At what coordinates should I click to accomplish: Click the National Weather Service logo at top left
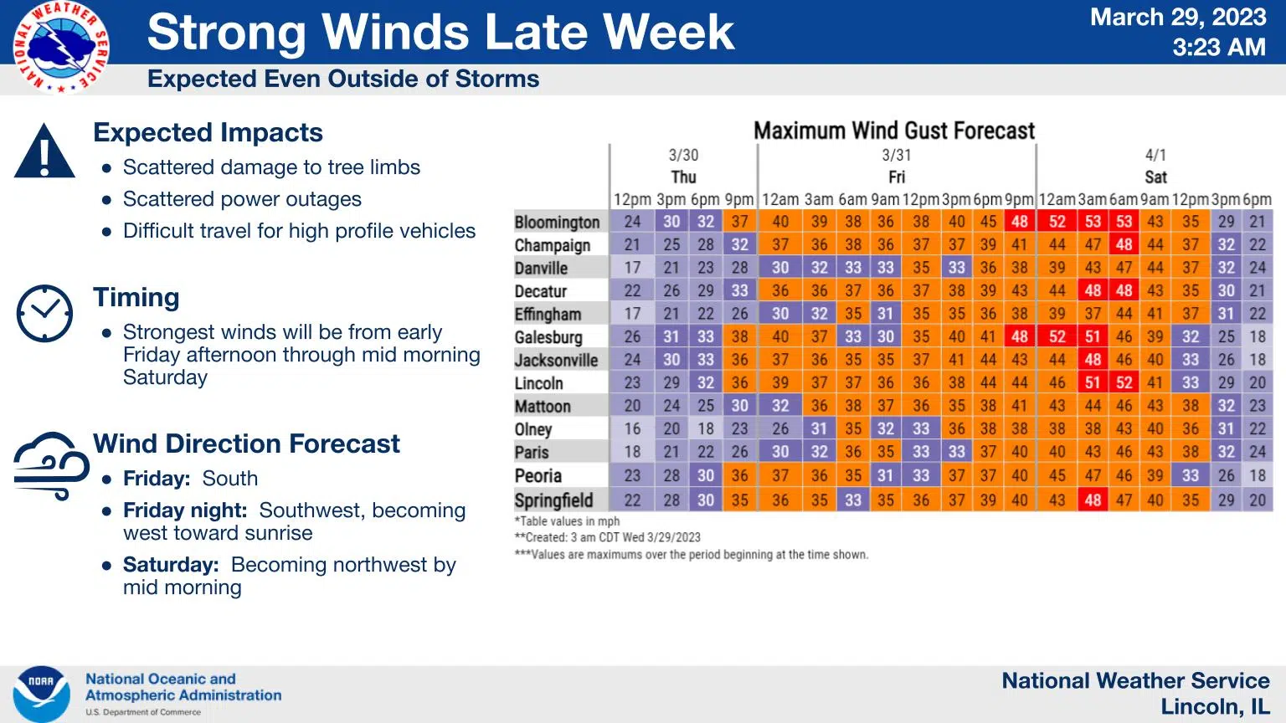tap(60, 47)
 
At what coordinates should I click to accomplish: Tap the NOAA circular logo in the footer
tap(41, 694)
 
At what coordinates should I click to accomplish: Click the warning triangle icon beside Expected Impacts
tap(45, 151)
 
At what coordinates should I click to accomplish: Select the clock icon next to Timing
tap(45, 313)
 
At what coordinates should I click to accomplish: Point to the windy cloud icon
tap(51, 465)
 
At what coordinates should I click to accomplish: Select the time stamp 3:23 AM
tap(1218, 47)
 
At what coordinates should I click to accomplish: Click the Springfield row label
tap(553, 500)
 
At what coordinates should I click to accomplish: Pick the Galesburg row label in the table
tap(548, 337)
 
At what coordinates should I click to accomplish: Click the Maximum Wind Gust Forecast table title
tap(894, 131)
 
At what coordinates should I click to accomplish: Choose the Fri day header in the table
tap(896, 177)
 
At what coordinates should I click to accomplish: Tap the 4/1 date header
tap(1155, 155)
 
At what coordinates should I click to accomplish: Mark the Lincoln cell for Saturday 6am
tap(1124, 382)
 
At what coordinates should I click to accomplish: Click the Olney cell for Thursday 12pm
tap(632, 428)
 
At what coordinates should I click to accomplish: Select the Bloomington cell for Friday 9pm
tap(1019, 222)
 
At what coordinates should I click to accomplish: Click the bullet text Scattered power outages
tap(242, 199)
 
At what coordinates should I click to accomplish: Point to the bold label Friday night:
tap(185, 510)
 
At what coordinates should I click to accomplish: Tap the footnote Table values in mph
tap(567, 521)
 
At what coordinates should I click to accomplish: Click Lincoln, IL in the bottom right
tap(1215, 707)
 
